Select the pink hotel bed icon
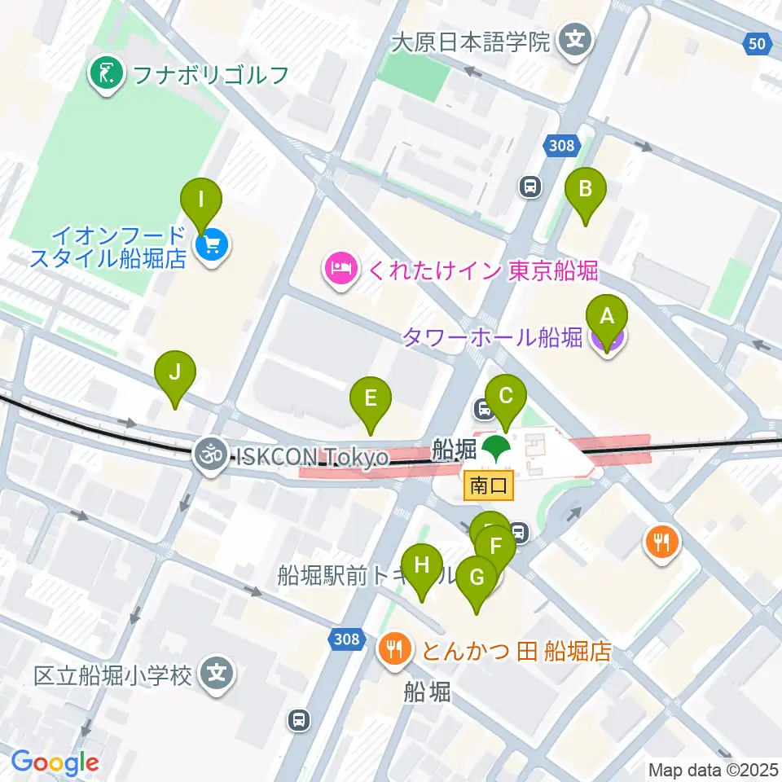point(340,270)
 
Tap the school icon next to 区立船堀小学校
point(217,674)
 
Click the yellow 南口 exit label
point(489,486)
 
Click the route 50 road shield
point(758,43)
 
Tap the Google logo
point(55,762)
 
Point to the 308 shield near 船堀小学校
point(347,639)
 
